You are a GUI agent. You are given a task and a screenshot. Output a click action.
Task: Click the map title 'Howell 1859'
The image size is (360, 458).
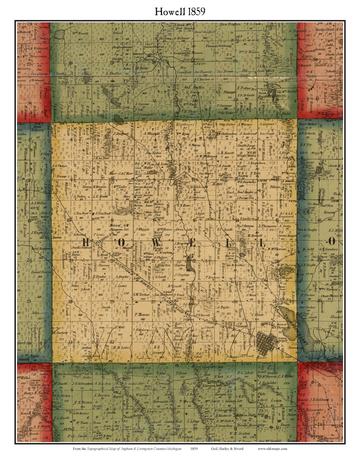[x=180, y=11]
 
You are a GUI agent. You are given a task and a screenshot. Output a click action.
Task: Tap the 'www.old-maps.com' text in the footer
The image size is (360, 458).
[x=272, y=449]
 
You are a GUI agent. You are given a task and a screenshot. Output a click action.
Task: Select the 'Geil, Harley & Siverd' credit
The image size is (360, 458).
[x=227, y=449]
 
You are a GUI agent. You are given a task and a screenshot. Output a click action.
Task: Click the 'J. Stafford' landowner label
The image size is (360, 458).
[x=121, y=134]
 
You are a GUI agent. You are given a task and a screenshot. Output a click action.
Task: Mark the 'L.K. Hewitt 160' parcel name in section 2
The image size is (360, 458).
[x=226, y=153]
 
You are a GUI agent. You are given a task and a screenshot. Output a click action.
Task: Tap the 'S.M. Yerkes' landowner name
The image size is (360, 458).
[x=141, y=294]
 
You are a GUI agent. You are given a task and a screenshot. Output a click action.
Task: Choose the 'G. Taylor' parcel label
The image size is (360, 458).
[x=223, y=307]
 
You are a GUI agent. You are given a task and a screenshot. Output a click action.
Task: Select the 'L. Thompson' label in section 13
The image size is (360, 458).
[x=267, y=226]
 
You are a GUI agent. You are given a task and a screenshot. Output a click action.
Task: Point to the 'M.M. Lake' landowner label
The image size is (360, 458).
[x=121, y=348]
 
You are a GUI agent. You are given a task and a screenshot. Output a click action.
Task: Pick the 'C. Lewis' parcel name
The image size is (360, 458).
[x=121, y=286]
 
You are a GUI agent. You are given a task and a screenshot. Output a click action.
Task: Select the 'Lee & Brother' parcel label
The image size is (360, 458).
[x=236, y=265]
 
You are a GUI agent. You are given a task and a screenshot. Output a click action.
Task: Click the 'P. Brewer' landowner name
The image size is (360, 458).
[x=212, y=277]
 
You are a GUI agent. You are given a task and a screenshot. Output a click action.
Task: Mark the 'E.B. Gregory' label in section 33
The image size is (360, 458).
[x=159, y=350]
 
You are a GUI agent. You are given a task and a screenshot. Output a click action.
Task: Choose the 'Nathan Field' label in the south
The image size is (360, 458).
[x=246, y=415]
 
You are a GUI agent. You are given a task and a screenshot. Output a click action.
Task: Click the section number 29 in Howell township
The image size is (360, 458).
[x=112, y=301]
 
